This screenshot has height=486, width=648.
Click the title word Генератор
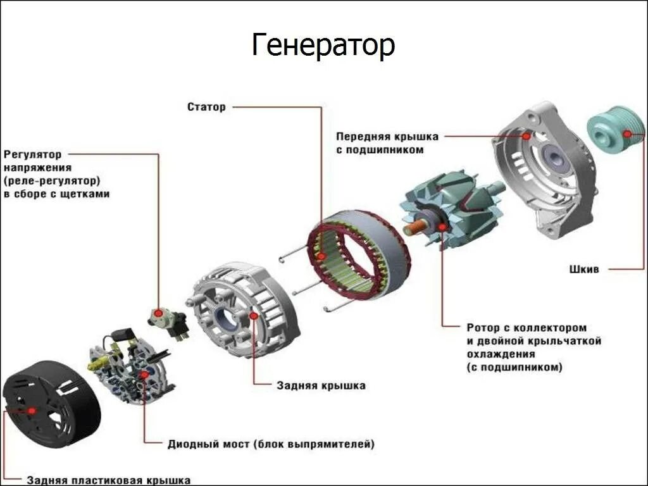pyautogui.click(x=323, y=46)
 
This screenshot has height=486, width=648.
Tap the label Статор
pyautogui.click(x=206, y=107)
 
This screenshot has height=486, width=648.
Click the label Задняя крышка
pyautogui.click(x=321, y=385)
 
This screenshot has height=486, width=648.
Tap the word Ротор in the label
pyautogui.click(x=482, y=328)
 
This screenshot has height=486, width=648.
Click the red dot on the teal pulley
pyautogui.click(x=627, y=134)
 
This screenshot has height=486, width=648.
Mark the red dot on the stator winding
pyautogui.click(x=322, y=256)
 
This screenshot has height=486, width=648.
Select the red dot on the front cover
pyautogui.click(x=525, y=135)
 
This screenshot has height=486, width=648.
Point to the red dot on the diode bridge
pyautogui.click(x=144, y=375)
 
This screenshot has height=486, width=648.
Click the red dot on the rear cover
pyautogui.click(x=253, y=315)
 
